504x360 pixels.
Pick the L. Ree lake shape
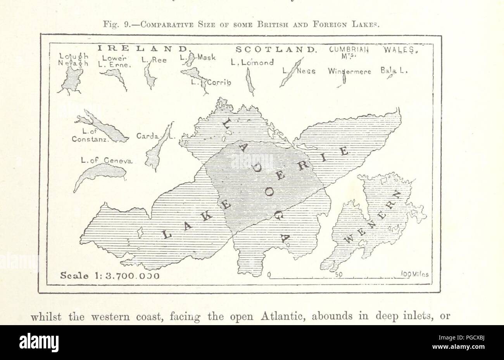(x=150, y=76)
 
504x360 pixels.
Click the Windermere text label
(x=350, y=72)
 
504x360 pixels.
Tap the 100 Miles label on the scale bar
(x=413, y=274)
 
